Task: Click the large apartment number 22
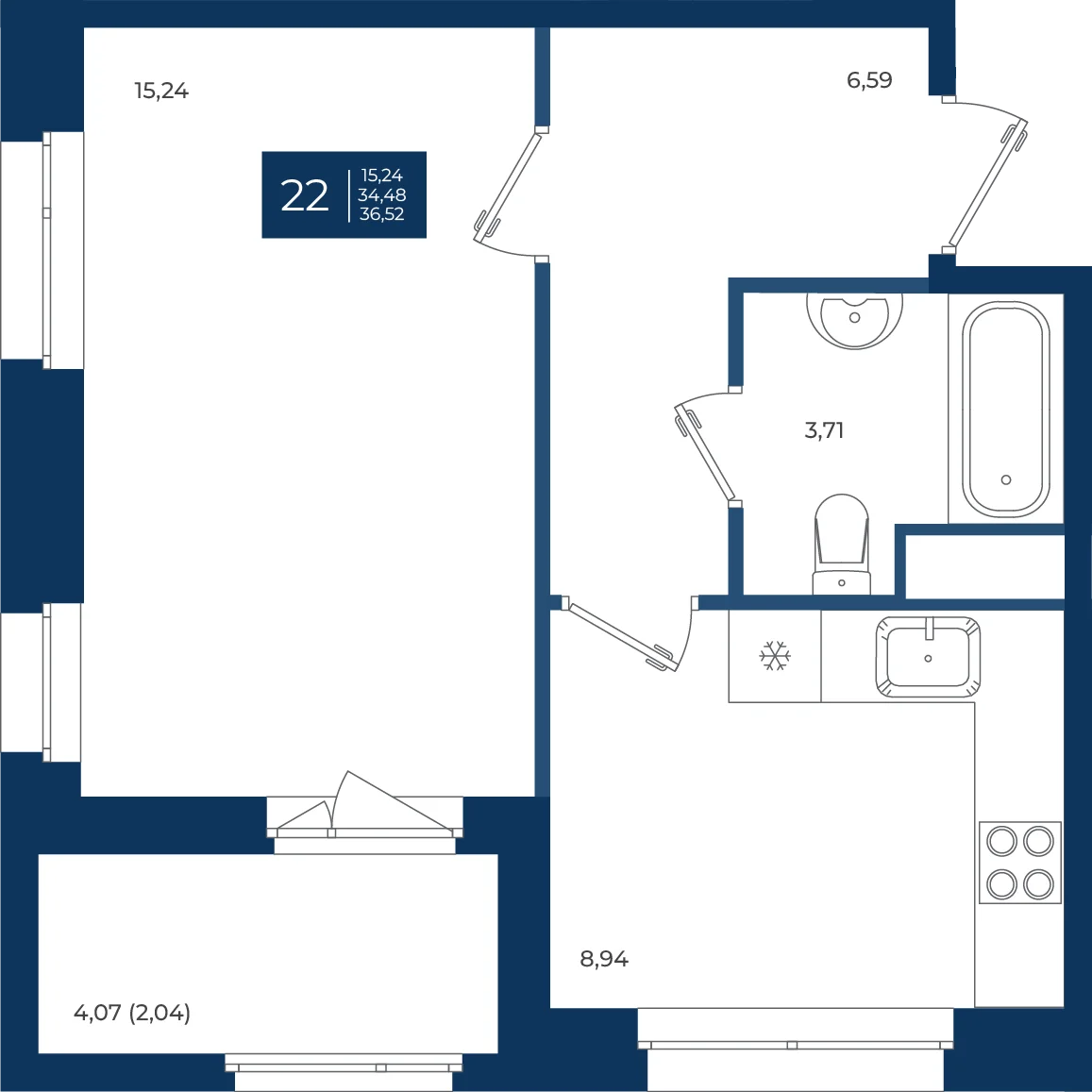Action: click(x=304, y=195)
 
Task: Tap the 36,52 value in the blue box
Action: click(x=381, y=214)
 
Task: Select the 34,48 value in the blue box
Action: click(x=381, y=195)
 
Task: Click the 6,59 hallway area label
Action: click(x=869, y=80)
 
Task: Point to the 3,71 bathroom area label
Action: click(x=824, y=430)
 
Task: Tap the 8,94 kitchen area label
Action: click(x=604, y=959)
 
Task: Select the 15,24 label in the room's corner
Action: click(x=161, y=91)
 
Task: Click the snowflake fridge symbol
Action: click(x=775, y=656)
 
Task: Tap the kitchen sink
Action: click(x=928, y=657)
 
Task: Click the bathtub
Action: click(x=1006, y=410)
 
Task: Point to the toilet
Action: click(x=841, y=545)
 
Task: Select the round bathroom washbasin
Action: click(x=854, y=320)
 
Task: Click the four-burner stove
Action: click(x=1020, y=863)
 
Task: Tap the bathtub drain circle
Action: click(x=1006, y=479)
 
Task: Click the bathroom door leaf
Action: click(x=705, y=453)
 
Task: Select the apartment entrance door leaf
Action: click(x=988, y=184)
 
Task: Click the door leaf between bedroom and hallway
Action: click(x=508, y=187)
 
